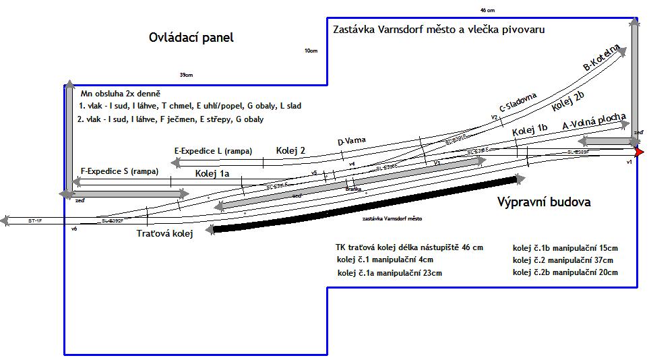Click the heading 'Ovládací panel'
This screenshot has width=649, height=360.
click(x=191, y=38)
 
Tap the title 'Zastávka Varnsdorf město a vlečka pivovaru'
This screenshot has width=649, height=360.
click(x=439, y=30)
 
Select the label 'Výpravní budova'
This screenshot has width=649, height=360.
click(x=544, y=202)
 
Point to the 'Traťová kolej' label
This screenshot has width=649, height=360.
click(x=165, y=234)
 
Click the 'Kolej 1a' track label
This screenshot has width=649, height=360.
click(x=212, y=173)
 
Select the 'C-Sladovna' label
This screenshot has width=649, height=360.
click(x=518, y=102)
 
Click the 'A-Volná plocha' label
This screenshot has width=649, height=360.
click(x=594, y=124)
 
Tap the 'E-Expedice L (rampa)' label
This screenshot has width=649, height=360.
click(x=213, y=151)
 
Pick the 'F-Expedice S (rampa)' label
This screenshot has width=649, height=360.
click(x=119, y=171)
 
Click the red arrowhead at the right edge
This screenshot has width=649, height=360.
click(x=639, y=152)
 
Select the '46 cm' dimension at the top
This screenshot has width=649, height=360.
click(x=487, y=11)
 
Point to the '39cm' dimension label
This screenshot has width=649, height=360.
click(x=187, y=75)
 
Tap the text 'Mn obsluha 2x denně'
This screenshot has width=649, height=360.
click(x=121, y=93)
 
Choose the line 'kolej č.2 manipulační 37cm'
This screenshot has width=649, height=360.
click(x=563, y=260)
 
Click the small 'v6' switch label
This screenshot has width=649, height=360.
click(x=74, y=229)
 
